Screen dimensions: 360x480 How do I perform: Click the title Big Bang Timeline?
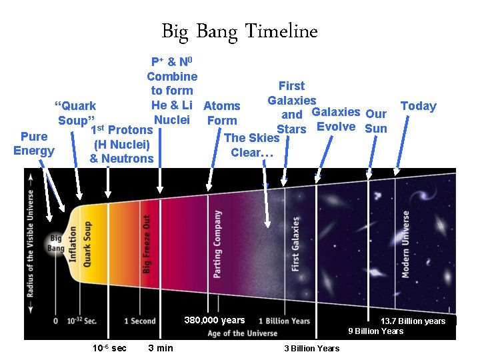coord(239,31)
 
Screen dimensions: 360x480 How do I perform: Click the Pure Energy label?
coord(34,143)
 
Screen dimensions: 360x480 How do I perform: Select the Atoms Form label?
coord(222,113)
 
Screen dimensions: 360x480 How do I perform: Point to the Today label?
coord(418,106)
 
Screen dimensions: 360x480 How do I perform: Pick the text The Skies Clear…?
coord(251,145)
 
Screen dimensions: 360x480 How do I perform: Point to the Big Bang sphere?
coord(55,243)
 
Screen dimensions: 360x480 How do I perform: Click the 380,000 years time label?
coord(215,321)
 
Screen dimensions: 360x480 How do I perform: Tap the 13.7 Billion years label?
coord(413,321)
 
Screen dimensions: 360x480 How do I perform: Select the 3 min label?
coord(161,348)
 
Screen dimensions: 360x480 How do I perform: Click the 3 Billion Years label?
coord(311,348)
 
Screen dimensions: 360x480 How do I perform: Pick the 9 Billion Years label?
coord(375,331)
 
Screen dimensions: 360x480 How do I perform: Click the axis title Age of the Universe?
coord(242,333)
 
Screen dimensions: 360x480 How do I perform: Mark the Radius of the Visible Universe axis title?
coord(31,243)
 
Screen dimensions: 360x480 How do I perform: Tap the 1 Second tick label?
coord(140,321)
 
